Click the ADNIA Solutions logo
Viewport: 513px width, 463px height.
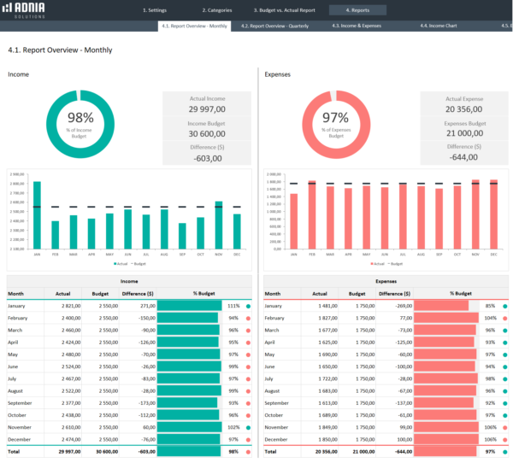click(25, 10)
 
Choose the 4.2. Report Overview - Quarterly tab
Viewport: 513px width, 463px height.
click(274, 26)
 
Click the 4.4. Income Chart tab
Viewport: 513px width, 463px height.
click(438, 26)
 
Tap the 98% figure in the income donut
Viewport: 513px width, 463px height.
click(80, 119)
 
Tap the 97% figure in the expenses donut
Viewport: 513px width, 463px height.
click(337, 119)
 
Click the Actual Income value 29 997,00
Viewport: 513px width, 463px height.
click(207, 108)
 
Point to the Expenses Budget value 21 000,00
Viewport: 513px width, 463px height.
click(465, 133)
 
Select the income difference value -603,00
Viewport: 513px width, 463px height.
click(207, 158)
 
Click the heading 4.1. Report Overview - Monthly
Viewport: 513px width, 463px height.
click(60, 50)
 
